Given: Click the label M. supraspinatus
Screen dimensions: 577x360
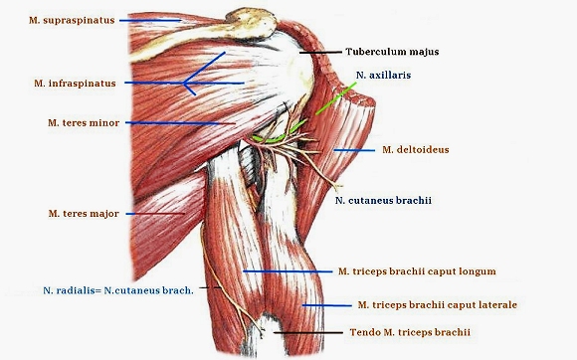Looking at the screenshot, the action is pos(72,20).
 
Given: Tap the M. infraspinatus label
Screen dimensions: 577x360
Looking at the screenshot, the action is pos(75,84).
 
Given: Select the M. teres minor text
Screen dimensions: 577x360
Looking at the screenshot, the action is pos(84,123).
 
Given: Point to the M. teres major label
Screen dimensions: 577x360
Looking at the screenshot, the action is pos(84,214).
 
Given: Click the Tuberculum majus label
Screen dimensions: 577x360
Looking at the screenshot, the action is pos(392,52).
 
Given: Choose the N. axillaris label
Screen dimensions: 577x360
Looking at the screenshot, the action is pos(383,75).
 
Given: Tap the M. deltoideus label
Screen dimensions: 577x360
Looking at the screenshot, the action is pos(416,150).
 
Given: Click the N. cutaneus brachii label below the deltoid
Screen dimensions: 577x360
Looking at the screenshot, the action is pos(383,201).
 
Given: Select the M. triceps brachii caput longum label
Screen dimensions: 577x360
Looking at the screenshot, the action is pos(417,271).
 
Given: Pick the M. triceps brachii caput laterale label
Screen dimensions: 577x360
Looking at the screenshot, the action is pos(438,305).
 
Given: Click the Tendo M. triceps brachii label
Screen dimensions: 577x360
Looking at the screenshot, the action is pos(410,332).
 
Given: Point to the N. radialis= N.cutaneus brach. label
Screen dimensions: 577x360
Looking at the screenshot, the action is pos(118,290).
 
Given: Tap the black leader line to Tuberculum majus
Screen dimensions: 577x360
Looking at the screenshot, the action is pos(320,53).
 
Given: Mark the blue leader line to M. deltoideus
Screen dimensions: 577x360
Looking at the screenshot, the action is pos(354,150).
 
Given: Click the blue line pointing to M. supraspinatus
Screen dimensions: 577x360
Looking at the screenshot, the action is pos(150,21).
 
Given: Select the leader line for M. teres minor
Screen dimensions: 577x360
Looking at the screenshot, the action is pos(180,123).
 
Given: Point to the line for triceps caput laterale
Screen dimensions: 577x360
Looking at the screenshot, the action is pos(326,305).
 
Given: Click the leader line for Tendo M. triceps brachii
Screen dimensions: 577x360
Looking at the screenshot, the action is pos(308,333).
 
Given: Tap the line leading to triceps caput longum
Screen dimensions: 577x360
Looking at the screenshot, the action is pos(288,271).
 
